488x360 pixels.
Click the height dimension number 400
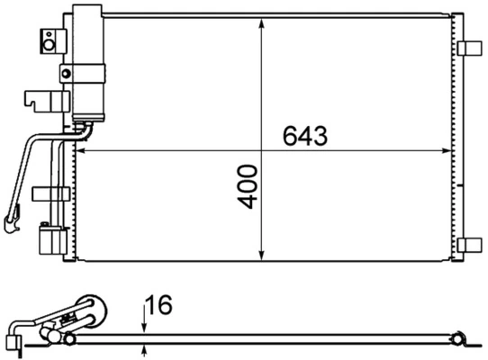click(x=249, y=186)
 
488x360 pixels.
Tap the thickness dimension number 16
click(x=159, y=305)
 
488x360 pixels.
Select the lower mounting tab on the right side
click(x=469, y=244)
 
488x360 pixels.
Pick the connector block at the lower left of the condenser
click(x=50, y=240)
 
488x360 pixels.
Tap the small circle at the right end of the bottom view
click(x=458, y=339)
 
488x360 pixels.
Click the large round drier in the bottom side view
click(x=89, y=310)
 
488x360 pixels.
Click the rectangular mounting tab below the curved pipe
click(x=50, y=192)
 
